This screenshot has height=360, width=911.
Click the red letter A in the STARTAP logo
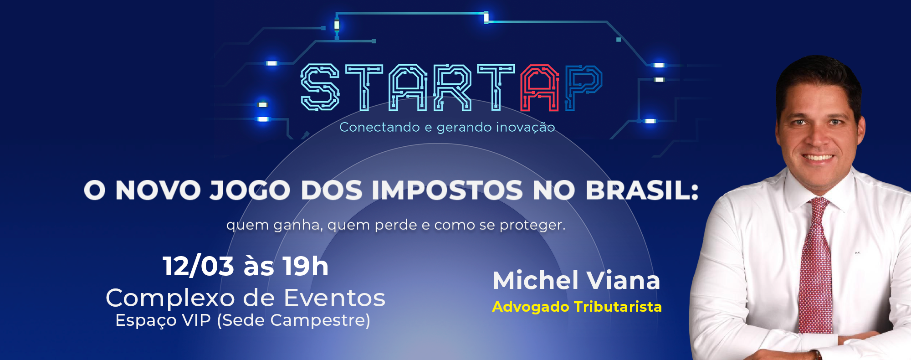(x=540, y=87)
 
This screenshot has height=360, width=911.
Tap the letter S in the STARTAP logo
(x=320, y=87)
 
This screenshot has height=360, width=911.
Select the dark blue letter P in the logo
(x=583, y=87)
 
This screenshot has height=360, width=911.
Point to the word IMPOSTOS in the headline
(x=447, y=190)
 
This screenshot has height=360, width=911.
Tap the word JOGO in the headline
(x=250, y=190)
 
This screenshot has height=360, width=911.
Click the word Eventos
(x=334, y=298)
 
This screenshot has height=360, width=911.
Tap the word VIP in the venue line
(x=196, y=320)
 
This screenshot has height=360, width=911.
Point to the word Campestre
(x=320, y=320)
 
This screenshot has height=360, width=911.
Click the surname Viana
(x=623, y=280)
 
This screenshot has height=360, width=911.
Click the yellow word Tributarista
(x=617, y=307)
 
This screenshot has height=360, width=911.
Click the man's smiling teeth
(x=818, y=158)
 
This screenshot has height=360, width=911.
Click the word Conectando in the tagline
(x=379, y=127)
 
